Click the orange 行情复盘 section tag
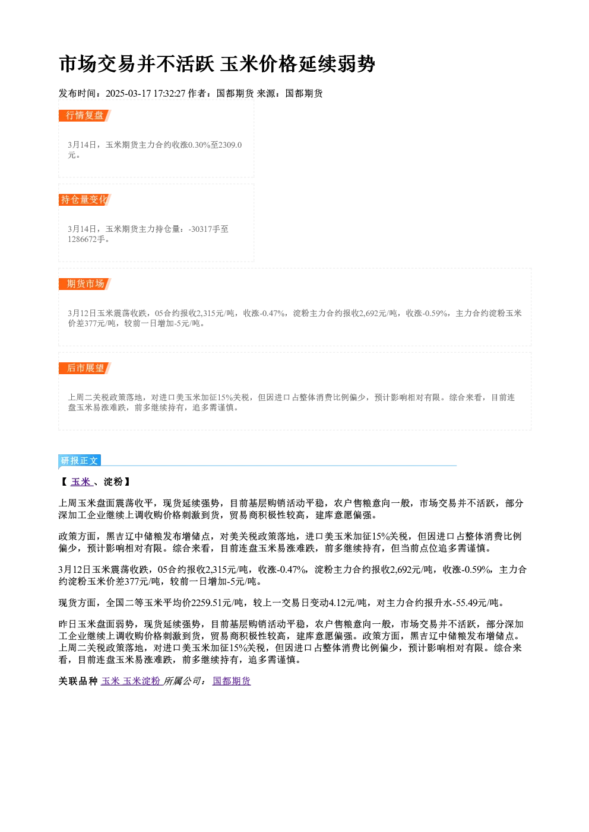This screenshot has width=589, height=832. coord(85,116)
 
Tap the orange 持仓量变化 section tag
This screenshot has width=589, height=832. coord(85,200)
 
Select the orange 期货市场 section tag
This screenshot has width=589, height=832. coord(85,284)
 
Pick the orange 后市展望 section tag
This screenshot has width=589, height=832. coord(85,368)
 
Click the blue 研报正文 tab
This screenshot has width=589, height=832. coord(80,461)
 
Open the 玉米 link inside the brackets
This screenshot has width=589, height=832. coord(81,482)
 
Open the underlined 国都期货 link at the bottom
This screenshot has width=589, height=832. coord(232,681)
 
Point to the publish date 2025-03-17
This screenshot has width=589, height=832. coord(128,94)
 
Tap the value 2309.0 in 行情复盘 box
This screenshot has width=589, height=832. coord(230,145)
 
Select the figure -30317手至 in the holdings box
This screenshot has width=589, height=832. coord(208,229)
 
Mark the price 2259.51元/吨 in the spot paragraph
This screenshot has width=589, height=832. coord(219,603)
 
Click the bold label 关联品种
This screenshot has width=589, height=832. coord(78,681)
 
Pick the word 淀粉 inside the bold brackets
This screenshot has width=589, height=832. coord(113,482)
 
